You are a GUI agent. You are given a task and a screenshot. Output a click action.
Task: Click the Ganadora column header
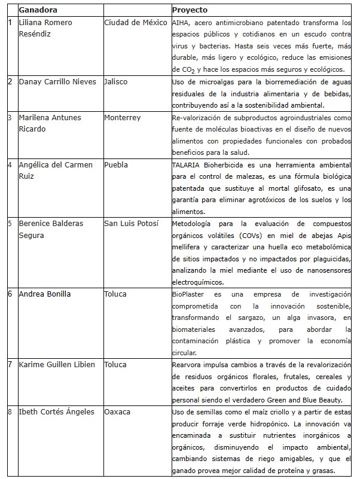37,10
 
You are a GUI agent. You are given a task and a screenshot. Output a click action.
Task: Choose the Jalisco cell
116,82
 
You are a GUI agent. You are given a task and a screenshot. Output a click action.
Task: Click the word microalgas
213,82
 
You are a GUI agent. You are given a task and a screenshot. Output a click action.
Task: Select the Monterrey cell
123,118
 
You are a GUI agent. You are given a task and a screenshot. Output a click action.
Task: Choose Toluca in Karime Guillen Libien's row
115,364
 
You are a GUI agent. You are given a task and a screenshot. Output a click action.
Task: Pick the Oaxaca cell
117,411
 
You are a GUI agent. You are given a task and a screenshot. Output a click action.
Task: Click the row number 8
10,411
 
